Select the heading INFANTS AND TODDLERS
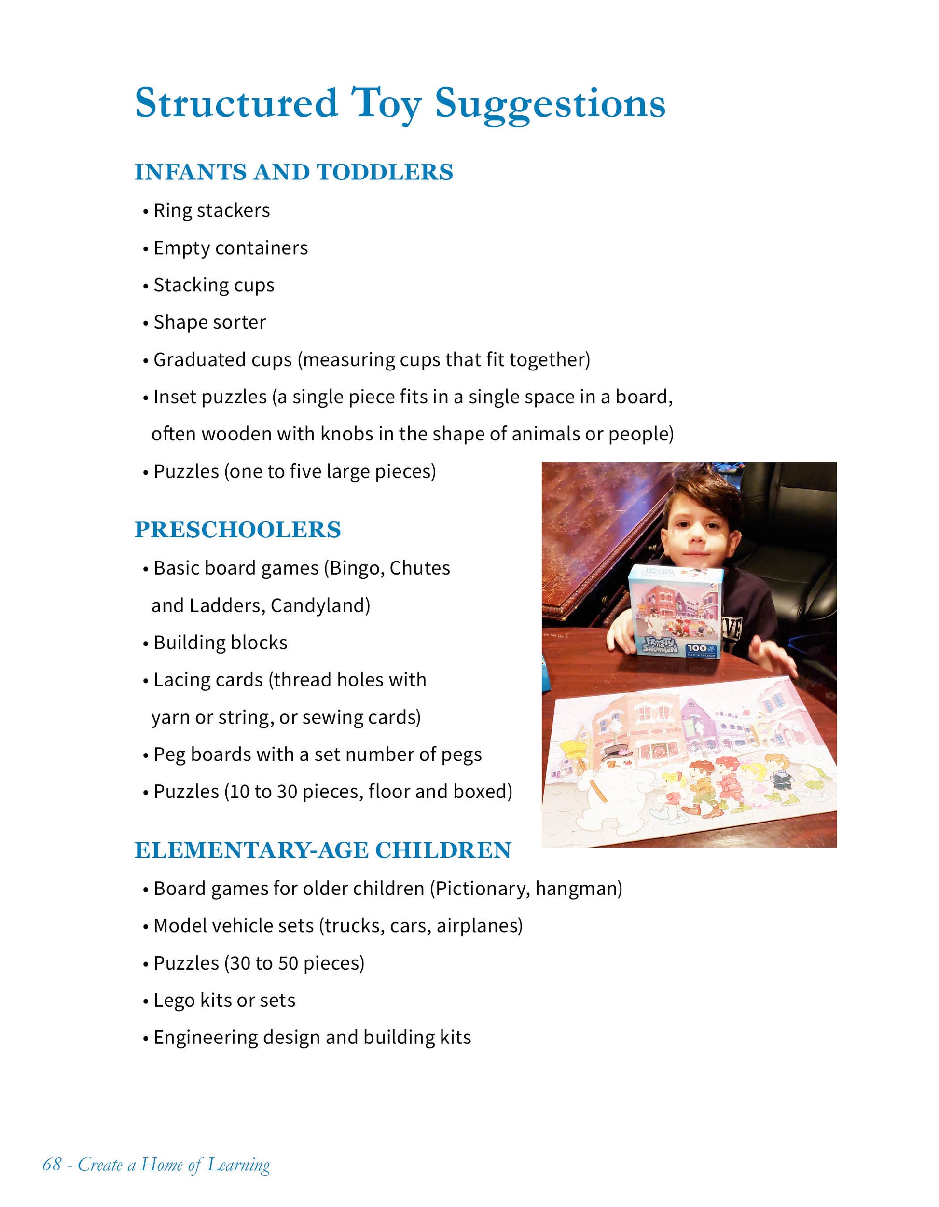293,172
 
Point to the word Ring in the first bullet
172,210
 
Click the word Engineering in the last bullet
205,1038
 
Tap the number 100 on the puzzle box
697,648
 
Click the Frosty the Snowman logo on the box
660,645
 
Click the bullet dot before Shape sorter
146,323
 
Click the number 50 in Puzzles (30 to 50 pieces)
288,963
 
